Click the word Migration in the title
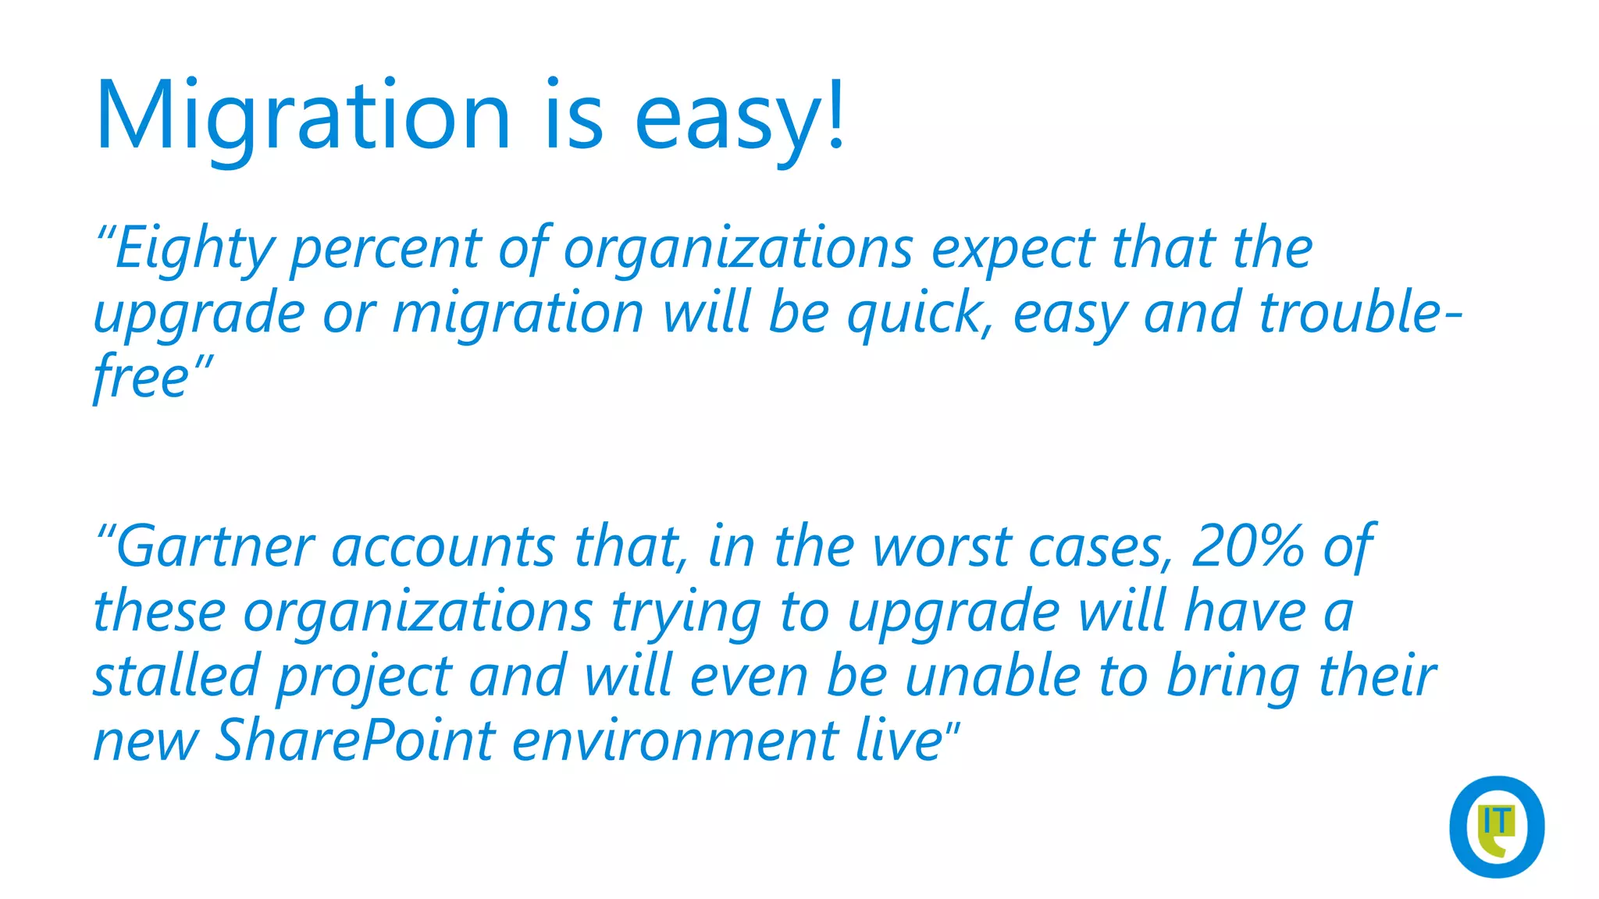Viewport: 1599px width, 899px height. pyautogui.click(x=303, y=117)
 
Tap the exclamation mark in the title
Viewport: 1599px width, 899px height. pyautogui.click(x=835, y=113)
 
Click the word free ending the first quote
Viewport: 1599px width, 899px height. pyautogui.click(x=141, y=379)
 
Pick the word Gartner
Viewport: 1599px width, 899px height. pyautogui.click(x=215, y=546)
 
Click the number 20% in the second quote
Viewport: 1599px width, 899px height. pyautogui.click(x=1248, y=546)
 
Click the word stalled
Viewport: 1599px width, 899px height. pyautogui.click(x=176, y=676)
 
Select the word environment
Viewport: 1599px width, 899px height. pyautogui.click(x=675, y=741)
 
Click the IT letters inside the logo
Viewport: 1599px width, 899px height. pyautogui.click(x=1496, y=822)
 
